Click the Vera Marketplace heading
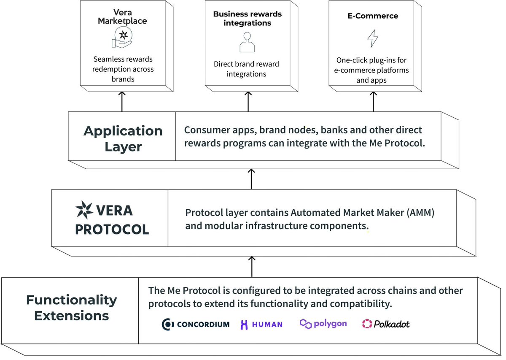122,17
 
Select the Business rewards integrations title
247,18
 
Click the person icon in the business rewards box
247,42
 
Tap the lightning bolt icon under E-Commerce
373,38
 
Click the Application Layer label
123,138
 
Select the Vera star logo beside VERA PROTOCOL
84,210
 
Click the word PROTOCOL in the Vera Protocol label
112,229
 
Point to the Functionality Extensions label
71,307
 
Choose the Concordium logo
196,324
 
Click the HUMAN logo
261,324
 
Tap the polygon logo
323,324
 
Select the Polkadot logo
385,324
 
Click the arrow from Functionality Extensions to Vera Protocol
251,266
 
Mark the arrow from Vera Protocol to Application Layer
251,179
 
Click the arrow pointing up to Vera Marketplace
122,102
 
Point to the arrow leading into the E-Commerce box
373,102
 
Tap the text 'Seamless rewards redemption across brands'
123,69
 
